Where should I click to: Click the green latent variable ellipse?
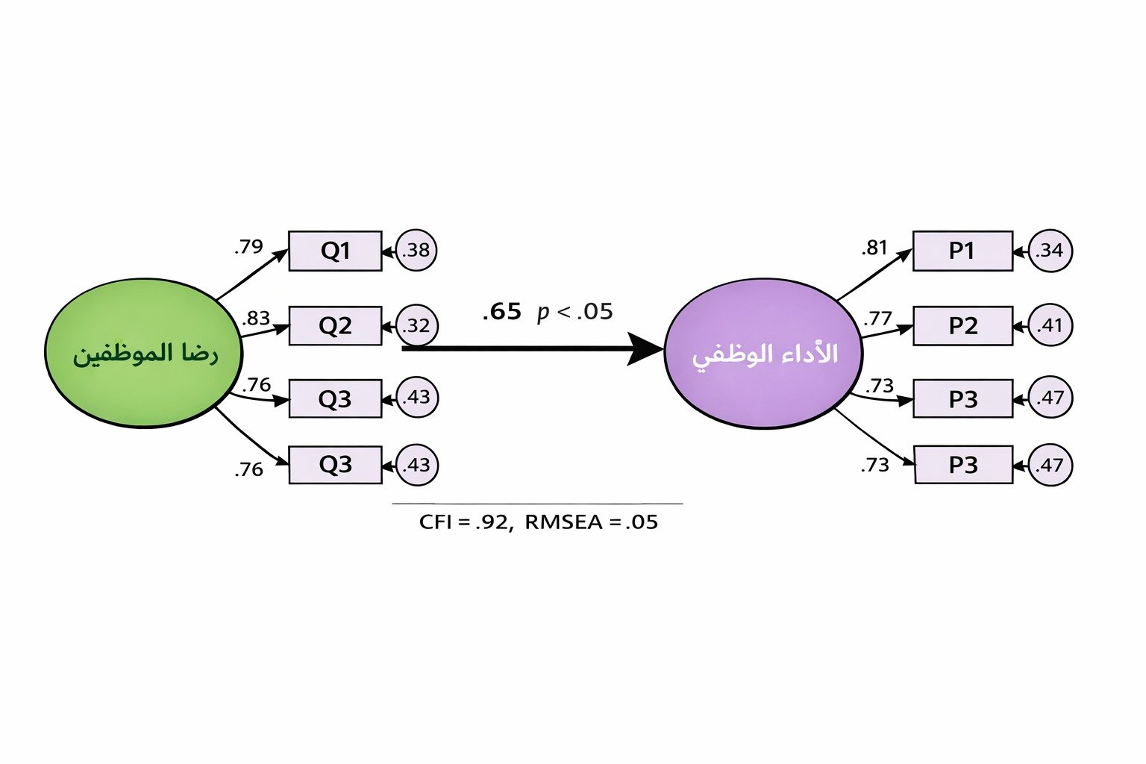[x=144, y=353]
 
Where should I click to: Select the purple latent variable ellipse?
[x=763, y=353]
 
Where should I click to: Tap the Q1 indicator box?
[x=335, y=251]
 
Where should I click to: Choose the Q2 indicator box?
[x=335, y=326]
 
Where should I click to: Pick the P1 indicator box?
[x=962, y=251]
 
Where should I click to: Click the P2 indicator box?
[x=962, y=326]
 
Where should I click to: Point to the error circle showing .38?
[x=416, y=251]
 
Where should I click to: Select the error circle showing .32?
[x=416, y=326]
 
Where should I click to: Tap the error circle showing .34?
[x=1050, y=251]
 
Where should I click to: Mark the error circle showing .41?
[x=1050, y=326]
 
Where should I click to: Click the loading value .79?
[x=248, y=246]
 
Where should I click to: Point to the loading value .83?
[x=255, y=319]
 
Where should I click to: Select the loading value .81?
[x=874, y=248]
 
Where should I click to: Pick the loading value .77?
[x=878, y=319]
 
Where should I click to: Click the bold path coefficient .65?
[x=501, y=312]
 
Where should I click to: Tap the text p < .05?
[x=574, y=312]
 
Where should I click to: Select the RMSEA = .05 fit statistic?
[x=591, y=522]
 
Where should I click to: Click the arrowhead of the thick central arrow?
[x=645, y=348]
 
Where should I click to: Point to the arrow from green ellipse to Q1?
[x=252, y=275]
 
